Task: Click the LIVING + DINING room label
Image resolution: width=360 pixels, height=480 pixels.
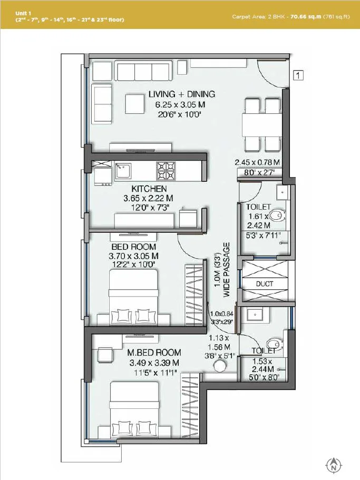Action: (181, 94)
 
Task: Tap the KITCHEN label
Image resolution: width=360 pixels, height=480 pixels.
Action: (149, 189)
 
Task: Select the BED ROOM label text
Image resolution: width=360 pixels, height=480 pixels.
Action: (133, 247)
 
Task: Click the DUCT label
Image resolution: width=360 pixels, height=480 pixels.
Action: (264, 283)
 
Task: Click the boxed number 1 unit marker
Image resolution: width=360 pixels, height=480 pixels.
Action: (298, 75)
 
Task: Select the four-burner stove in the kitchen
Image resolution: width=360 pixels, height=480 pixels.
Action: (166, 169)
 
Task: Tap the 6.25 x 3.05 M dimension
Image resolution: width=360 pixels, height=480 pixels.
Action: (180, 104)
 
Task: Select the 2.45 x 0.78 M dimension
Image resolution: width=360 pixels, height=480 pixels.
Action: (257, 162)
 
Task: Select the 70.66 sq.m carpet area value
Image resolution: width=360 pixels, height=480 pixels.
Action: (310, 17)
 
